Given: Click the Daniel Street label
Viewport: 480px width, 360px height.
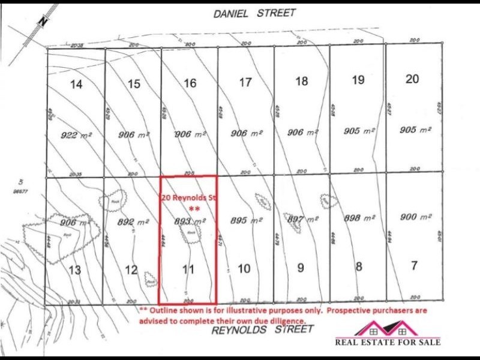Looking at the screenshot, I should [254, 13].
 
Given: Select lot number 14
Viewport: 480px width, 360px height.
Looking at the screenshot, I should [76, 85].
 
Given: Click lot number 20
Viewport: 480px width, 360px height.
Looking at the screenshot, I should [412, 79].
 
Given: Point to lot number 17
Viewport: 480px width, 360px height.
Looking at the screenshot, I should [245, 83].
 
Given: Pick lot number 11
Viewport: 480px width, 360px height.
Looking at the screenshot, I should [188, 269].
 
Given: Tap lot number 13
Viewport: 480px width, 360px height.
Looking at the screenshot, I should [74, 271].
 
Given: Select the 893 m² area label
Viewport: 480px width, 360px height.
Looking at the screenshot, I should [190, 221].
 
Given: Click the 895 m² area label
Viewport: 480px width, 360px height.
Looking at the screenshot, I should [247, 221].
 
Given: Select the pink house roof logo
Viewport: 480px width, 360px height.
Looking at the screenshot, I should [387, 328].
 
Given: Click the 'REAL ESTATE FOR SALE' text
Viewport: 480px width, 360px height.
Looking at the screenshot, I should [388, 342].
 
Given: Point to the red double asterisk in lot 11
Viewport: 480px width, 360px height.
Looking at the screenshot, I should [194, 208].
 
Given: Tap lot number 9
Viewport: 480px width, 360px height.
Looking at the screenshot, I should [300, 268].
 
